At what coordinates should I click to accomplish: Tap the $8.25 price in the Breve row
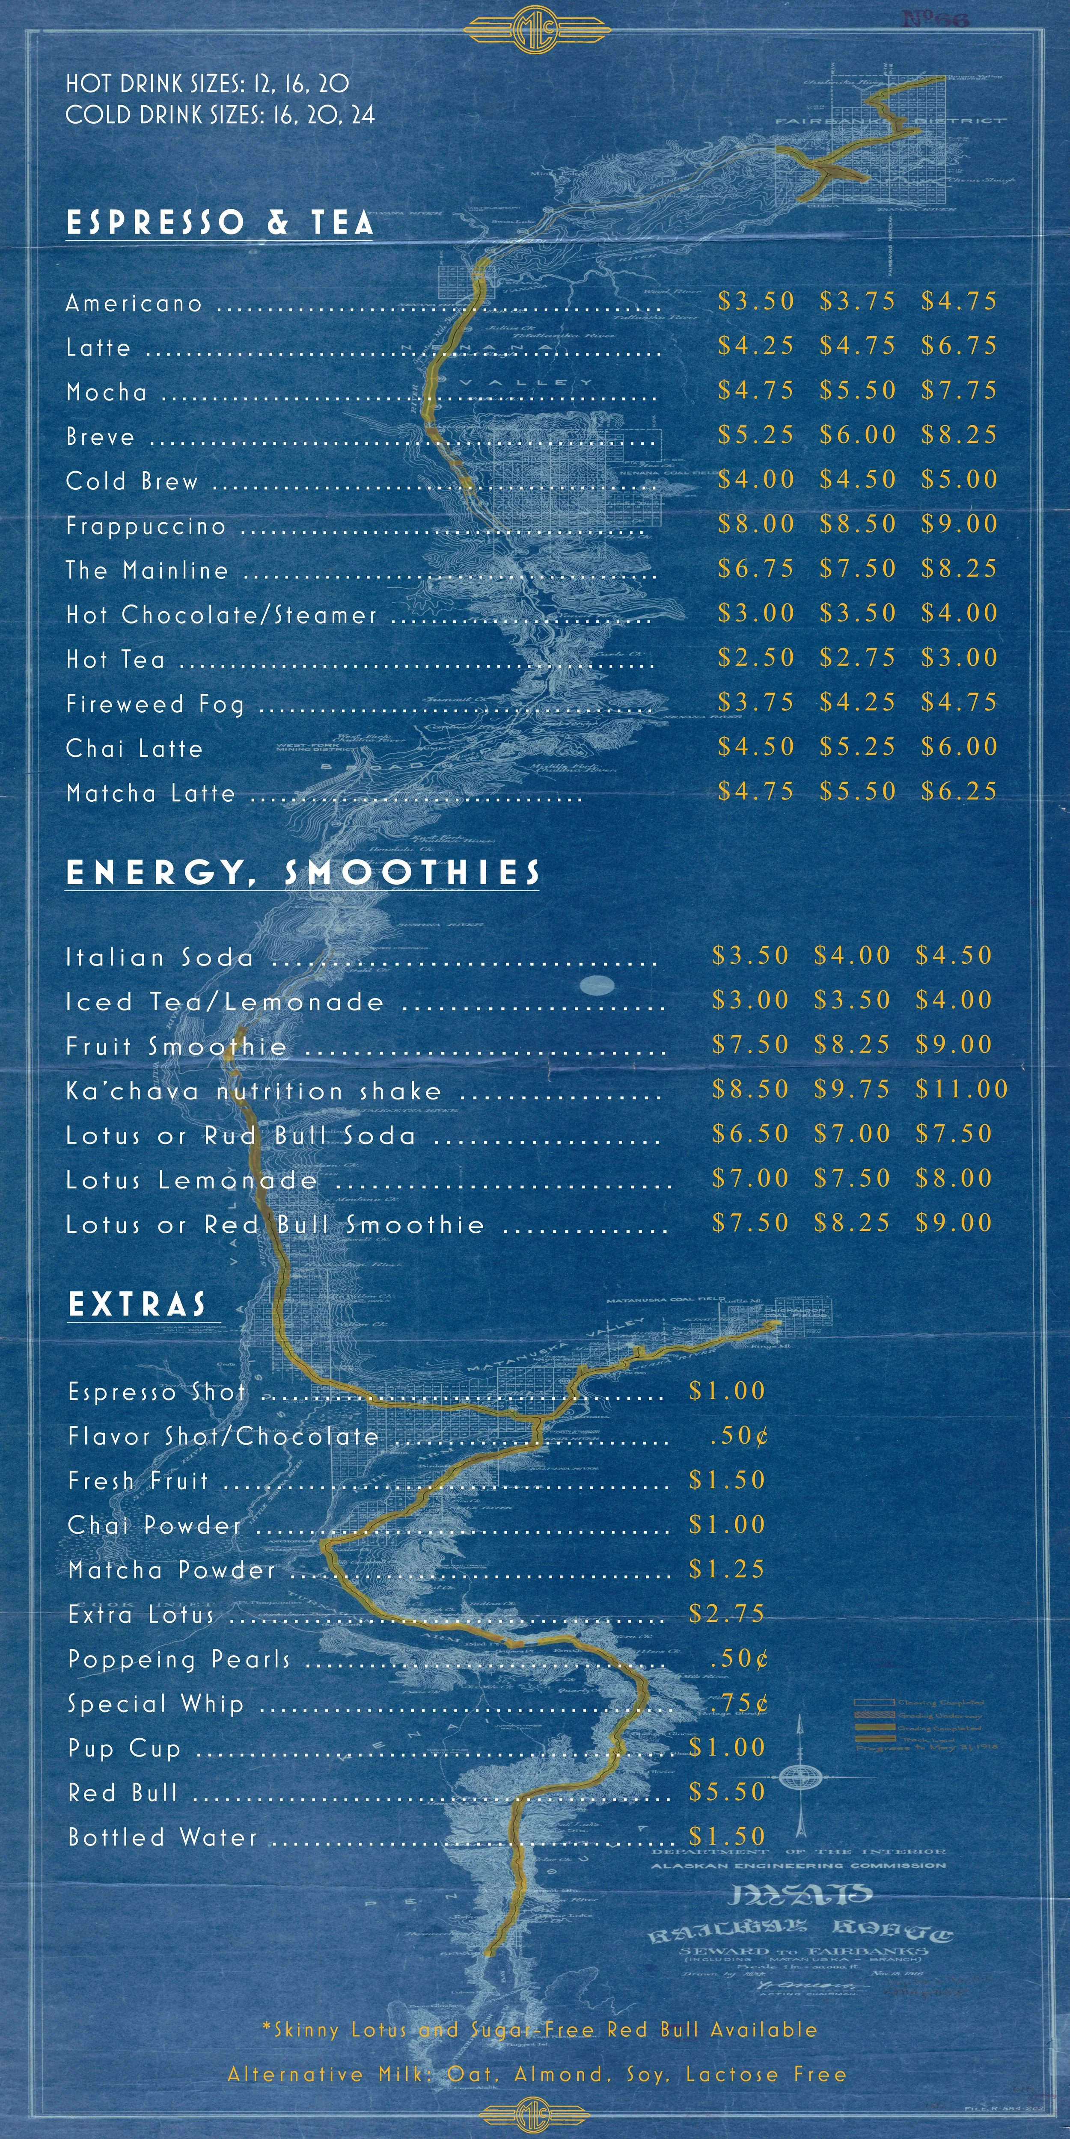point(959,434)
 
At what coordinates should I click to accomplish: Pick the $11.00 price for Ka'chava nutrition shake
point(961,1089)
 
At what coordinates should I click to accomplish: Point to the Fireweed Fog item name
point(155,704)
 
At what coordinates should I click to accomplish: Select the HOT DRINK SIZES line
point(208,83)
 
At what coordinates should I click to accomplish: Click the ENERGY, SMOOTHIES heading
point(303,873)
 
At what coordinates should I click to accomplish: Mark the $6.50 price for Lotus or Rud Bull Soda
point(750,1133)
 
